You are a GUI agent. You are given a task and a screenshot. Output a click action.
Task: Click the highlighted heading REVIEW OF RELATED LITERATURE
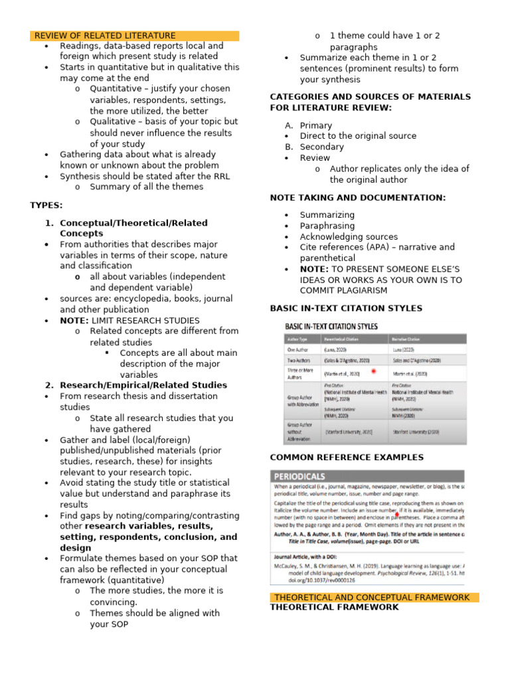pos(105,36)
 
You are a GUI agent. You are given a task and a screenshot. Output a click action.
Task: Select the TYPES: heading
pos(46,205)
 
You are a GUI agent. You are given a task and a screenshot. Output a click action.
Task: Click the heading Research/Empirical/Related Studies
pos(143,385)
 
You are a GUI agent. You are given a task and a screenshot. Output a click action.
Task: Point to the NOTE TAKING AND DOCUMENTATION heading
pos(358,198)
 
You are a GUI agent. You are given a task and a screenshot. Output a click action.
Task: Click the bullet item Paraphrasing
pos(327,226)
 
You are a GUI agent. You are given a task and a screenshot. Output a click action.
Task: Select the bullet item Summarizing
pos(327,215)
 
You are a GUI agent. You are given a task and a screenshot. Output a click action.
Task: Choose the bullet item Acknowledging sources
pos(349,236)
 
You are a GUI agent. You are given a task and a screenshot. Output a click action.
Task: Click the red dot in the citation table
pos(374,371)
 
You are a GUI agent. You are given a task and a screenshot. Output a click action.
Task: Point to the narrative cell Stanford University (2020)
pos(416,432)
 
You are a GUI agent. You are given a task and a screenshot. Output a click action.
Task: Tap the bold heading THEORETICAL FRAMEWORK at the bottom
pos(334,608)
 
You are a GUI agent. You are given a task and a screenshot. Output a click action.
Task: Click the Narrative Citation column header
pos(412,338)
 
